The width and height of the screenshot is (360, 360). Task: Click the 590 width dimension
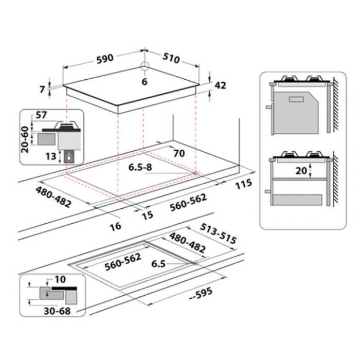point(104,59)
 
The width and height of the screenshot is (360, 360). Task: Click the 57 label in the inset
point(42,116)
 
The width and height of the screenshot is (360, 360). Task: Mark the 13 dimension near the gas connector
point(51,155)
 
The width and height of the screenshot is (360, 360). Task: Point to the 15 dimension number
point(148,215)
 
